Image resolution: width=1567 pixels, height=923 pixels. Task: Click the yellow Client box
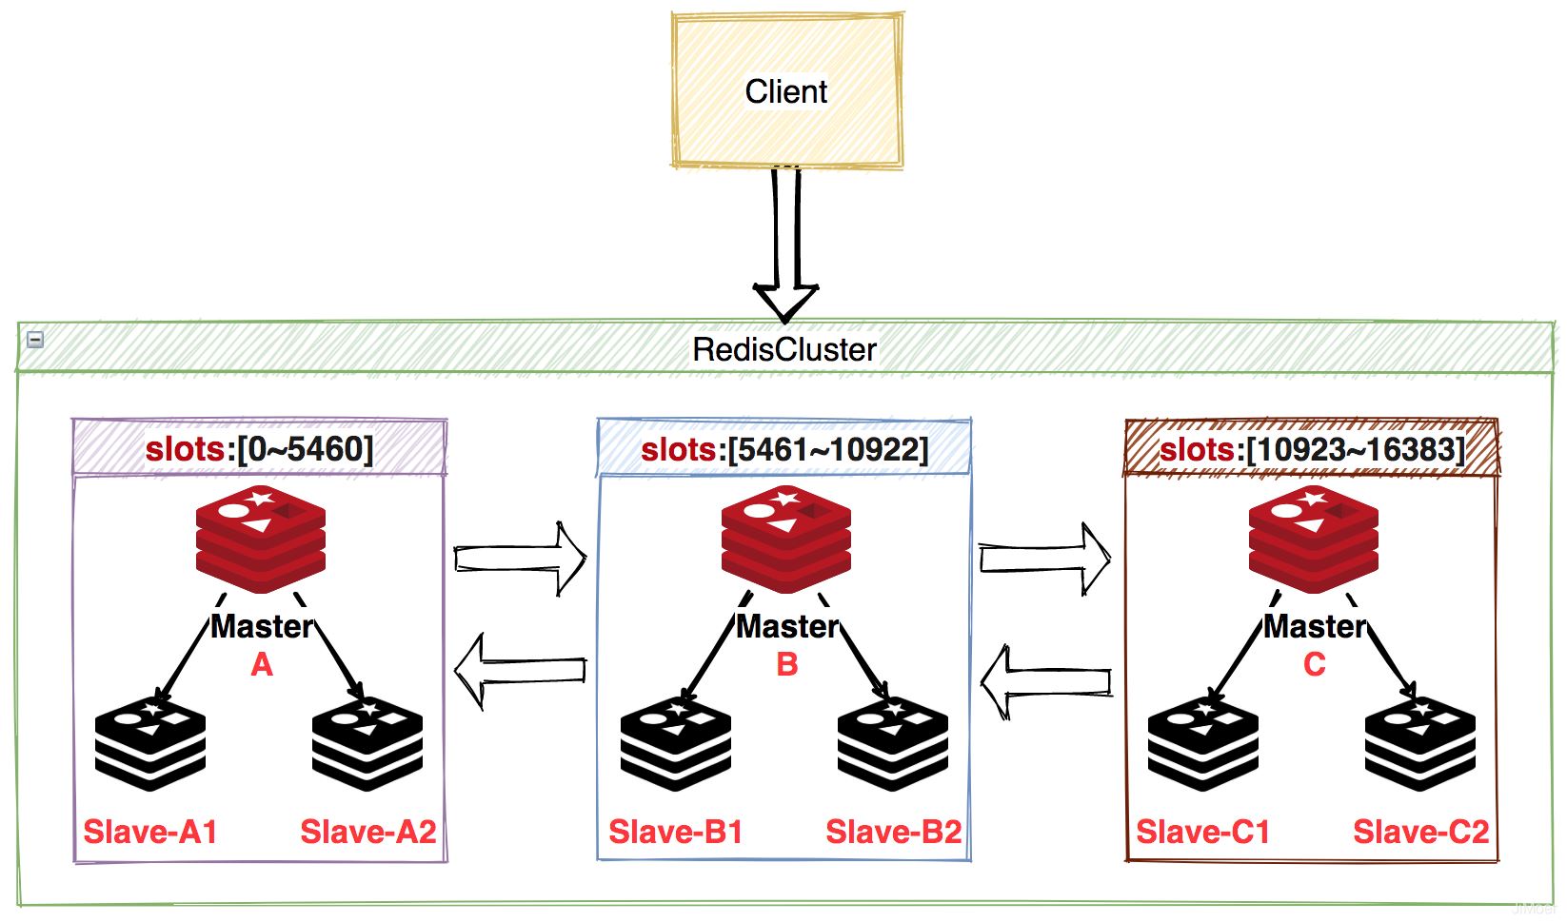(786, 91)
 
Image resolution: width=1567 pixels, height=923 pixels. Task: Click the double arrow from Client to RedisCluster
(785, 247)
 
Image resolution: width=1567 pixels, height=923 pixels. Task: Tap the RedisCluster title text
(783, 349)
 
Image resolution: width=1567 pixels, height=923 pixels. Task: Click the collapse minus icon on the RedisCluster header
(35, 339)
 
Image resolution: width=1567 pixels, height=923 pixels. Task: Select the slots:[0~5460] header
(259, 448)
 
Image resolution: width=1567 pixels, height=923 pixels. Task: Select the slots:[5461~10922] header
(783, 448)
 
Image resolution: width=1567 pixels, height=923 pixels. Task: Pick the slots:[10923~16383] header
(1311, 448)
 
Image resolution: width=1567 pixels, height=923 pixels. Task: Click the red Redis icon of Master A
(261, 538)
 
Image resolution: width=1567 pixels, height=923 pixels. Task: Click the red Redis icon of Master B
(786, 538)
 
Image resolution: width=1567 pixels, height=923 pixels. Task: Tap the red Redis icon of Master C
(1314, 538)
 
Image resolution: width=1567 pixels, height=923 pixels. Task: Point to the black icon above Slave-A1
(150, 744)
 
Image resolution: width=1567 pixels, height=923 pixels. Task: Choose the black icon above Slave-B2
(893, 744)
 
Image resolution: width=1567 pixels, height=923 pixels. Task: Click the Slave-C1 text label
(1203, 832)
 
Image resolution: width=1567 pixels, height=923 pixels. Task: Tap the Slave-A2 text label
(368, 832)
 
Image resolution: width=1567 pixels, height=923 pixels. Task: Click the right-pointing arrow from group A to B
(520, 559)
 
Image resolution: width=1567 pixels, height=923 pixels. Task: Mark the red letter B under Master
(787, 664)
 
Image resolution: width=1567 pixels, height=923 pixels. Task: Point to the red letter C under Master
(1314, 664)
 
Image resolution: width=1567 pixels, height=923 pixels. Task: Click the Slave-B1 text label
(676, 832)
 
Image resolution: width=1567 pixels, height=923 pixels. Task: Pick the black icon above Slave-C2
(1420, 744)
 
